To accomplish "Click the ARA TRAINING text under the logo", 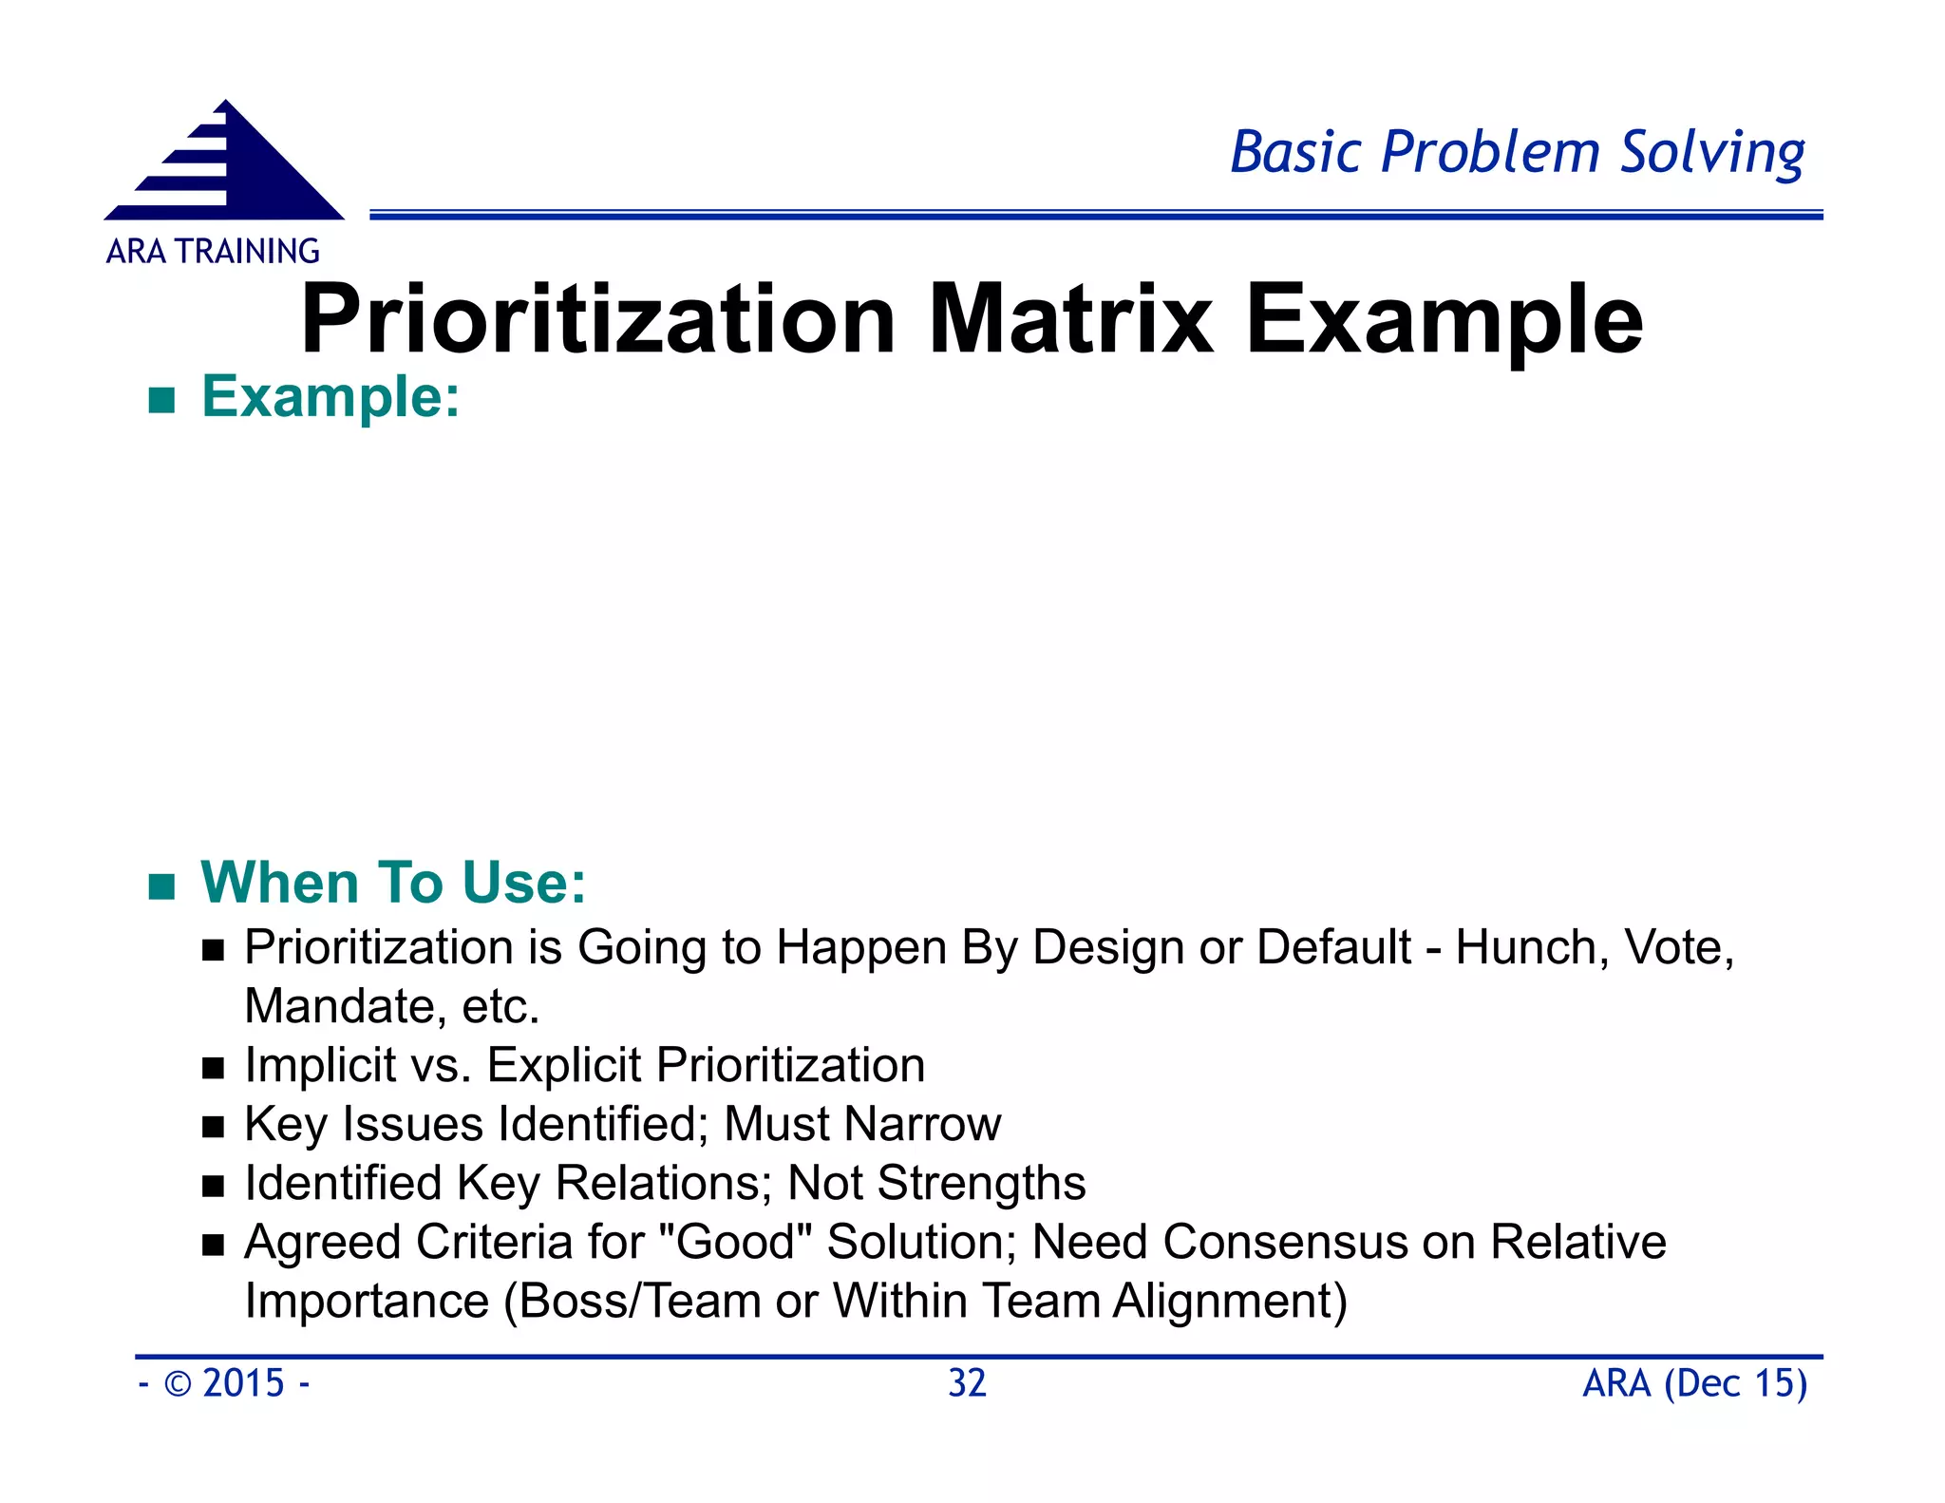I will tap(213, 252).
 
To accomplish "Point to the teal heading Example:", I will tap(330, 396).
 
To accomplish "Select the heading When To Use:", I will tap(393, 882).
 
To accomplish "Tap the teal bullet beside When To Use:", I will tap(162, 886).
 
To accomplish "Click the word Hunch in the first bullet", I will tap(1529, 947).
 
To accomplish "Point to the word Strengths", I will tap(981, 1183).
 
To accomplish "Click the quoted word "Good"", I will tap(734, 1242).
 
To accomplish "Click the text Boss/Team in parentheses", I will tap(640, 1301).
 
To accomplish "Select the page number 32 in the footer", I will tap(967, 1383).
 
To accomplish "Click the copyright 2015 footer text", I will tap(225, 1383).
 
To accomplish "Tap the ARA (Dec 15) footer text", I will tap(1694, 1383).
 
